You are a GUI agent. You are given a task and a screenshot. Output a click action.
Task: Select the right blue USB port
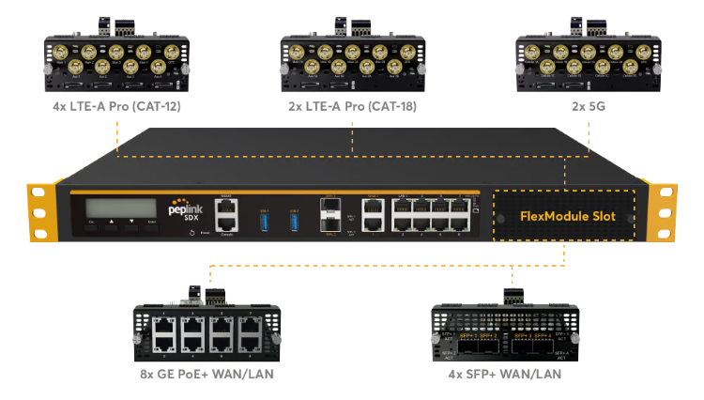tap(294, 218)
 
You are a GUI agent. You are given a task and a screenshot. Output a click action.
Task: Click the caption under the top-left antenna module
tap(115, 105)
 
